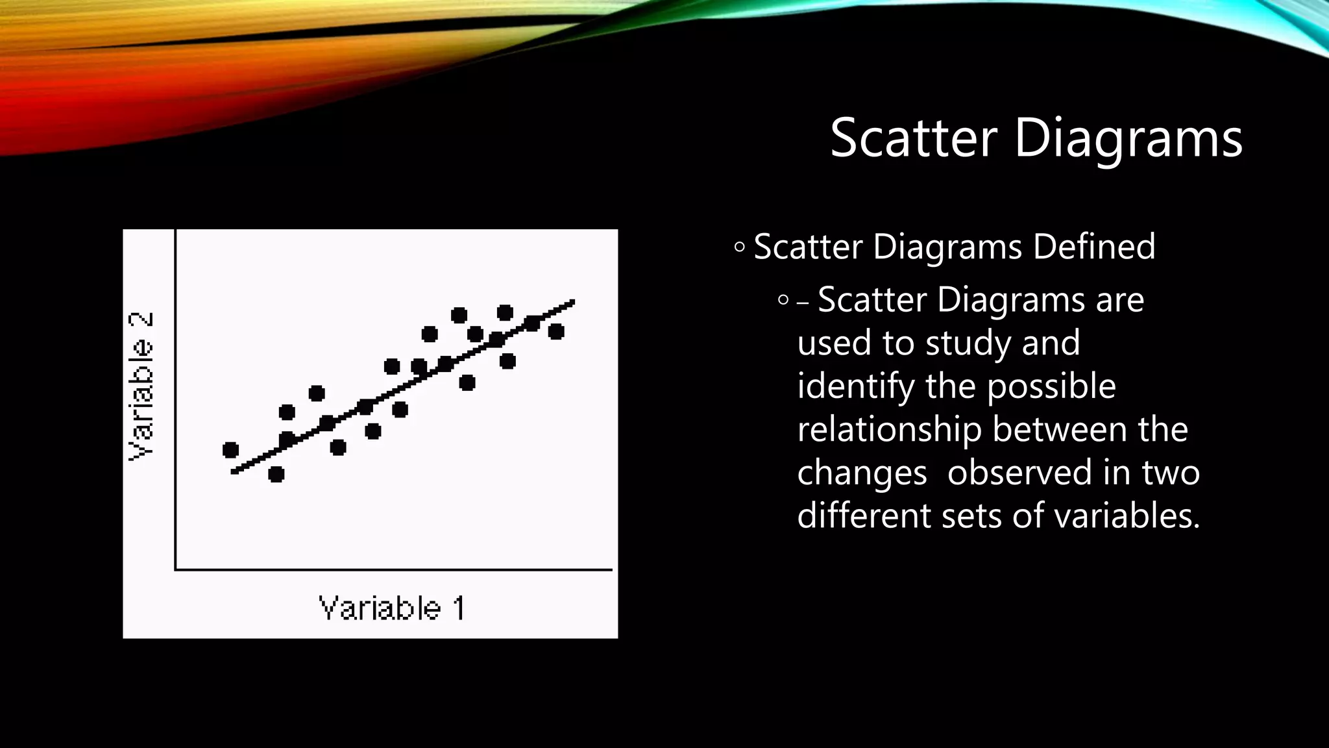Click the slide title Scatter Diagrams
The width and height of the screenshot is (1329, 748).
(1036, 138)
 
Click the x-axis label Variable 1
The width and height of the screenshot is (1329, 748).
(392, 608)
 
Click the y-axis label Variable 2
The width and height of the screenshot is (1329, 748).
(141, 386)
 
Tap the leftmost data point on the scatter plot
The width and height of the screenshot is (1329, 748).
(230, 449)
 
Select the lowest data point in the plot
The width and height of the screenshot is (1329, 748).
(276, 474)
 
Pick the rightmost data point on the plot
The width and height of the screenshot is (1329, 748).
(556, 331)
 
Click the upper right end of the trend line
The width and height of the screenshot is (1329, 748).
(572, 302)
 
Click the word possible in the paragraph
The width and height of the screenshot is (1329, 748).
(1051, 387)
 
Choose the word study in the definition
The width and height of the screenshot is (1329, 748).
(968, 343)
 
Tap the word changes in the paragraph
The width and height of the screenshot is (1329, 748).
(862, 474)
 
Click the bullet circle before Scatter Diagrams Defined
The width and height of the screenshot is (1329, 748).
(739, 247)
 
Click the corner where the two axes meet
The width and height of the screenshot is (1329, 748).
(175, 569)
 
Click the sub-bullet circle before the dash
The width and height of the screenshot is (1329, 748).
(783, 300)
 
